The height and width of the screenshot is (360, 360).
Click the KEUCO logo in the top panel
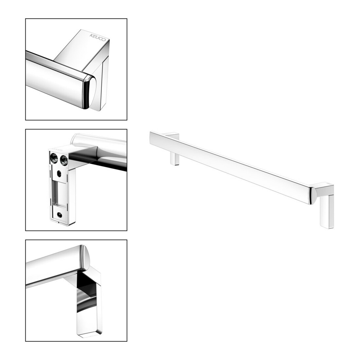(98, 37)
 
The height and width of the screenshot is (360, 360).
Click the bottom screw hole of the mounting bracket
(60, 215)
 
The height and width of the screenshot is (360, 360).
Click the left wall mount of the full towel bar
(174, 149)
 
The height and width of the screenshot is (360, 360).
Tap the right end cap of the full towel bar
(313, 196)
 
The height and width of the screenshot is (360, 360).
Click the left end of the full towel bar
(151, 138)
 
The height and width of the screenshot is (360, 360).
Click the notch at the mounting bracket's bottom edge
(59, 222)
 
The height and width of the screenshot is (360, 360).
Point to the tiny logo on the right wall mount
(329, 183)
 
